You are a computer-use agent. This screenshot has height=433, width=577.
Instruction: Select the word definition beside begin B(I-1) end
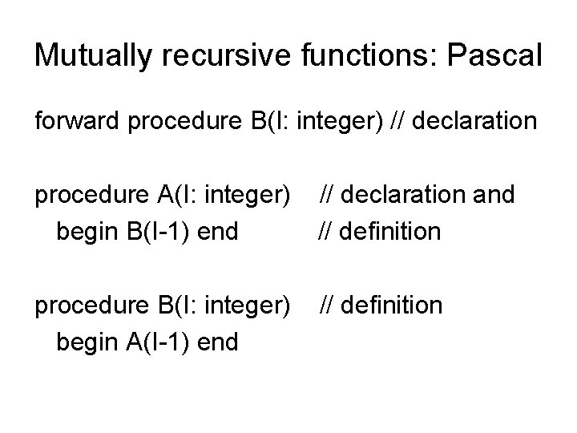(x=390, y=232)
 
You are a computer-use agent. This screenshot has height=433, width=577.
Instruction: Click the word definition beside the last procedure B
(x=390, y=306)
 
